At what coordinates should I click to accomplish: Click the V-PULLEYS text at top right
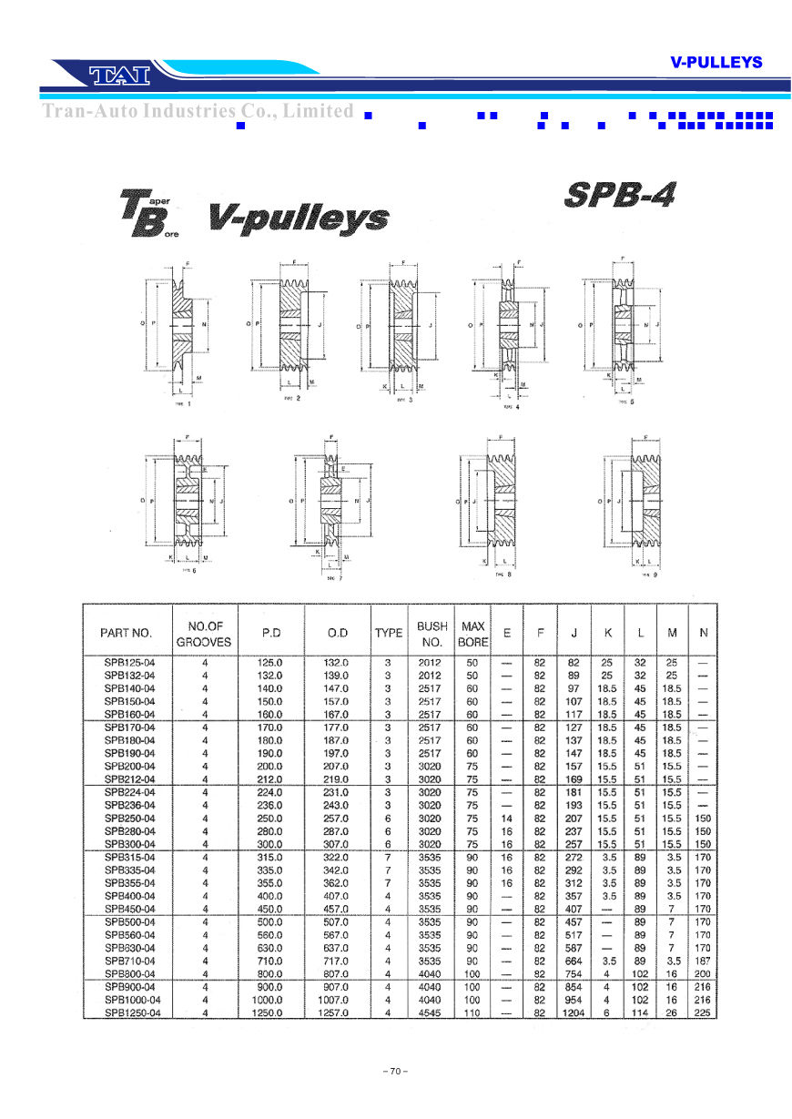click(716, 62)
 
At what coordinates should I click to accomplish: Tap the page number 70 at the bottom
click(395, 1072)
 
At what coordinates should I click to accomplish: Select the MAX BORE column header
click(473, 634)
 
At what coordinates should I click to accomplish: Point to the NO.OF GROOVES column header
click(205, 634)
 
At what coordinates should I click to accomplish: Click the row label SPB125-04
click(129, 663)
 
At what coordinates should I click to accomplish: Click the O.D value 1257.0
click(333, 1012)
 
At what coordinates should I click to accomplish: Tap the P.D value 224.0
click(271, 792)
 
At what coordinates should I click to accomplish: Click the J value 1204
click(574, 1012)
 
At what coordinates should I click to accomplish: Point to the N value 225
click(701, 1012)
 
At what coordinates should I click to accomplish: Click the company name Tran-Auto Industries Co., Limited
click(198, 111)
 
